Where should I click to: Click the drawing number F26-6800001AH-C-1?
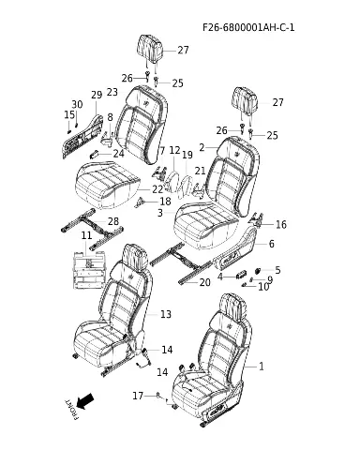248,27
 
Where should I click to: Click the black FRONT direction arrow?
85,401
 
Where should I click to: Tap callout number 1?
262,367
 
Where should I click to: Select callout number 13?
166,314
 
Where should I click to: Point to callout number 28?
113,221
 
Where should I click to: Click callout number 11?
86,235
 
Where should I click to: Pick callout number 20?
204,282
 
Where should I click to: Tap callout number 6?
271,244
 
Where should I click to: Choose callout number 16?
281,224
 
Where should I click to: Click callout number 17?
138,396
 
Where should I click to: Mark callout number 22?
157,189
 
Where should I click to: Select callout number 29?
97,95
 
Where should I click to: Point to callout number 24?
119,154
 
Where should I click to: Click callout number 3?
160,213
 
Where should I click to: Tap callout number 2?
202,147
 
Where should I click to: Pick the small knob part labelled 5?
259,270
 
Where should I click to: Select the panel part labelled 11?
89,269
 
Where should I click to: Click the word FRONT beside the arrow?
71,410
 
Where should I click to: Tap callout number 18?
165,202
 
